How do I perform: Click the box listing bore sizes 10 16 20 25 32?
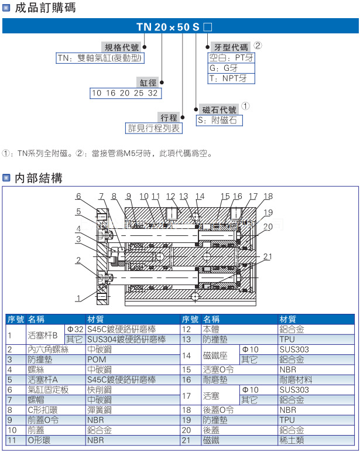point(125,93)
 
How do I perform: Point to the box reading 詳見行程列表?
point(154,128)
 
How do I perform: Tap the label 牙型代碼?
point(231,47)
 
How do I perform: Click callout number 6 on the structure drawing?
point(78,196)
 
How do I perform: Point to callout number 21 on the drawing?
point(268,257)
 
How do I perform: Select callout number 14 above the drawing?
point(200,196)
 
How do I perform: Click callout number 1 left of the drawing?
point(78,298)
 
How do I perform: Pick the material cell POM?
point(97,359)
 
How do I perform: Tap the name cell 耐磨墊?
point(214,379)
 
